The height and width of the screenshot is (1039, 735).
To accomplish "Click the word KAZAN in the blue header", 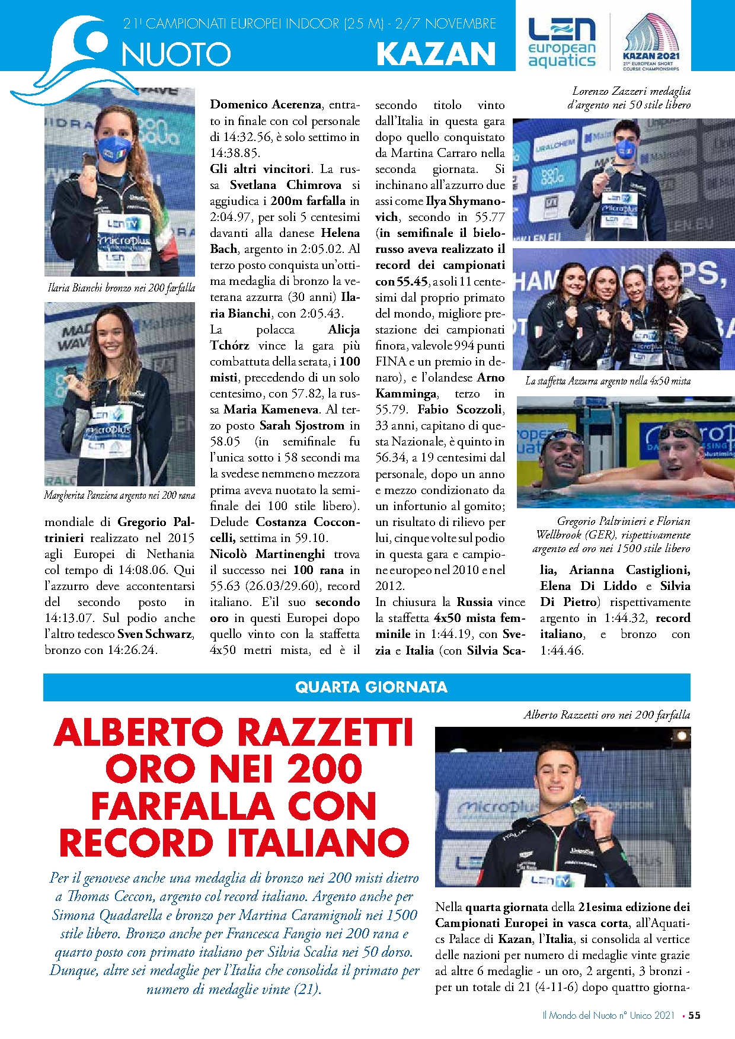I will point(436,54).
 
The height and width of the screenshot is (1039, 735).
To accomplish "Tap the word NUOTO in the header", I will point(176,55).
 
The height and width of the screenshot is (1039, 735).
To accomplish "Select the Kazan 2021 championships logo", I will point(651,43).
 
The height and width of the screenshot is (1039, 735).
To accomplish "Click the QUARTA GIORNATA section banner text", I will point(371,687).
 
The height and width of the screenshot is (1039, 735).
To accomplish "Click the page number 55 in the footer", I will point(694,1015).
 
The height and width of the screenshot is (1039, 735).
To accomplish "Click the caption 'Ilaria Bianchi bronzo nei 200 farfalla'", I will point(121,288).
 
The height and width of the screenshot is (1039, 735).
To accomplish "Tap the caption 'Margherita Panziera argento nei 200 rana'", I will point(120,495).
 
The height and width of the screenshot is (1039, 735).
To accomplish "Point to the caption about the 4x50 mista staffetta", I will point(608,381).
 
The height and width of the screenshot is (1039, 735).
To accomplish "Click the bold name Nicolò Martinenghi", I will point(267,554).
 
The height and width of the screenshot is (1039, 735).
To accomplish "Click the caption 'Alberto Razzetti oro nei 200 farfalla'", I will point(606,715).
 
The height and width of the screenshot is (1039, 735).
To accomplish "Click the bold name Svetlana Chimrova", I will point(285,185).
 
